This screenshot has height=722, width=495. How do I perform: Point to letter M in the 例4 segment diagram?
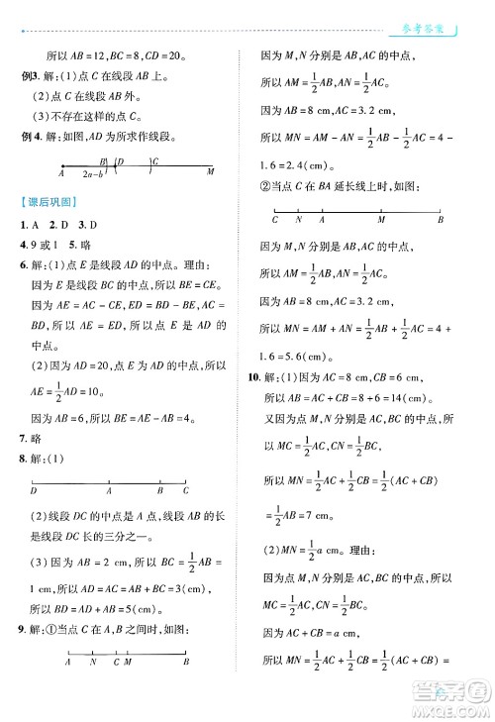(x=211, y=172)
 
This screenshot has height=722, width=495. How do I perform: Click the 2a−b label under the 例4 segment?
(x=94, y=173)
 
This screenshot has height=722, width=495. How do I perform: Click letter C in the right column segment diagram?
(x=274, y=219)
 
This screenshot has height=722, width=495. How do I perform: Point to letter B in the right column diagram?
(x=442, y=219)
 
